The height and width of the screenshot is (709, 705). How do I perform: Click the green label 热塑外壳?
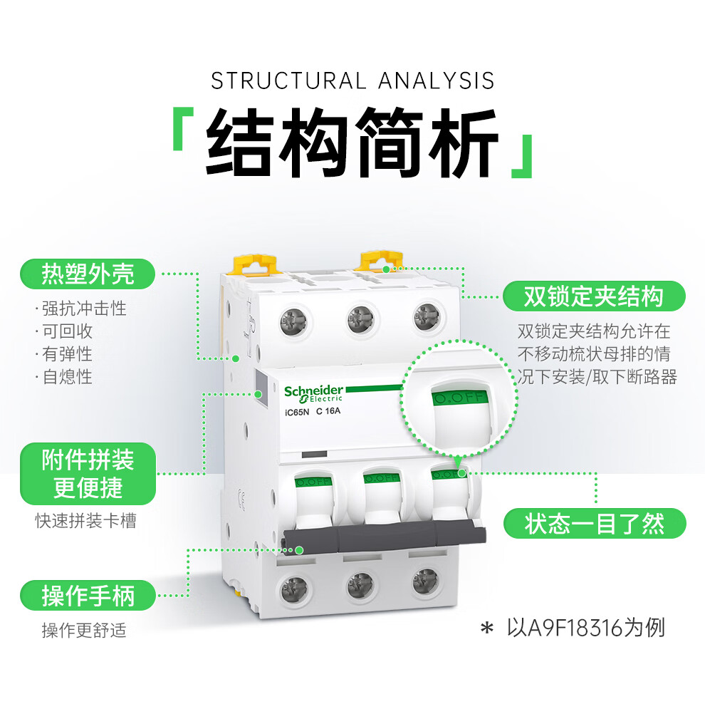pyautogui.click(x=88, y=274)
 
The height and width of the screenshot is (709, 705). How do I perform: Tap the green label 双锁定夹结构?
pyautogui.click(x=593, y=296)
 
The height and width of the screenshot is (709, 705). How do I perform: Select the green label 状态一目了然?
pyautogui.click(x=595, y=524)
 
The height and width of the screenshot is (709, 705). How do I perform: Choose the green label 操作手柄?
pyautogui.click(x=88, y=595)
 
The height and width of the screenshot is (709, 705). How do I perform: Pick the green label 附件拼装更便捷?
pyautogui.click(x=88, y=473)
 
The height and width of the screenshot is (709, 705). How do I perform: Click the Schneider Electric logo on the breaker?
pyautogui.click(x=313, y=393)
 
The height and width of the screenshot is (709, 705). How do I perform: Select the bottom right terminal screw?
pyautogui.click(x=425, y=583)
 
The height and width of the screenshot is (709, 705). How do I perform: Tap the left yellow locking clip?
pyautogui.click(x=255, y=264)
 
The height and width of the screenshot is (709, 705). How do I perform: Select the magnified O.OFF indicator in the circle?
pyautogui.click(x=459, y=396)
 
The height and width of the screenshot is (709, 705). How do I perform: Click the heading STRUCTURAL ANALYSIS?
pyautogui.click(x=352, y=81)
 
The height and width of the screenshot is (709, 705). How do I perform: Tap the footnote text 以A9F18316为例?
pyautogui.click(x=585, y=627)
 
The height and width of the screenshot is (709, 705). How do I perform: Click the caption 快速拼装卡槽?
pyautogui.click(x=85, y=521)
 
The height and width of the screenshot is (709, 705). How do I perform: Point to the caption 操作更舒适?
pyautogui.click(x=84, y=630)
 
